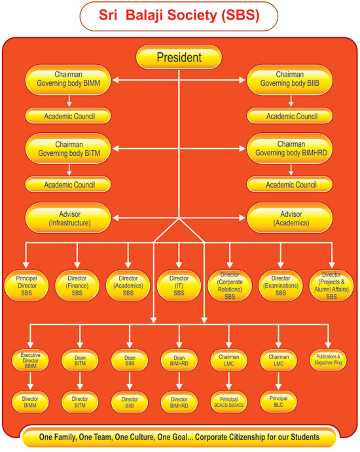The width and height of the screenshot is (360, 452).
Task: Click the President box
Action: [179, 57]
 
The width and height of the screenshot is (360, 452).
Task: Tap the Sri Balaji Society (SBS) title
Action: [179, 16]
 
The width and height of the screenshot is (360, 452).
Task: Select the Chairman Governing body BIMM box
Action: [68, 79]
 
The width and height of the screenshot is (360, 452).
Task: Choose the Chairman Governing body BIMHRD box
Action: [290, 149]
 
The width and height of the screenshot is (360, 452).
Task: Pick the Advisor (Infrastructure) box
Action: [68, 218]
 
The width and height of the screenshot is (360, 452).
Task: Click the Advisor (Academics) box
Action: [290, 218]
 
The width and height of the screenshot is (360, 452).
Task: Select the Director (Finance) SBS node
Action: [77, 286]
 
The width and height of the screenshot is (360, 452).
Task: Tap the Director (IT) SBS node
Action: [179, 286]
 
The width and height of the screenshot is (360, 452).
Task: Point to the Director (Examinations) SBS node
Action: [281, 286]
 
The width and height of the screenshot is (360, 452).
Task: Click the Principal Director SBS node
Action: [26, 286]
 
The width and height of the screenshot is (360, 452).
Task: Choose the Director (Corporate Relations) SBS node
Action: [230, 286]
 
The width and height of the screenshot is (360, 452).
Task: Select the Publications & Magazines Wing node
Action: [328, 360]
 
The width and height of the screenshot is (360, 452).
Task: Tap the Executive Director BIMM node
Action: [30, 360]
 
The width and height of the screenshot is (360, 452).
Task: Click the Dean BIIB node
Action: [130, 360]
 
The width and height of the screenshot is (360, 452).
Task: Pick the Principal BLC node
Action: [278, 402]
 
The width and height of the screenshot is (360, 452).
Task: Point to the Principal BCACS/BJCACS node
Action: [229, 402]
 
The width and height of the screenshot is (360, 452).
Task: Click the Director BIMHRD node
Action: [179, 402]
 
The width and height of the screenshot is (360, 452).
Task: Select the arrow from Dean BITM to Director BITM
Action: [80, 381]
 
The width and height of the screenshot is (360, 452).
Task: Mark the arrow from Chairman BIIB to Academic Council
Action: [291, 101]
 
